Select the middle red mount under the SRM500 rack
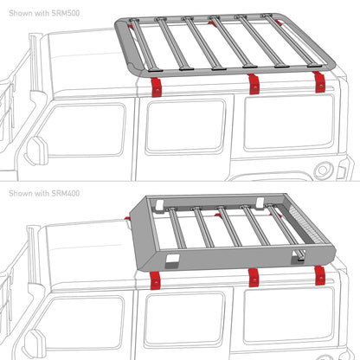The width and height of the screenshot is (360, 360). (x=253, y=84)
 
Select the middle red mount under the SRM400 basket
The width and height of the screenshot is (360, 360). (x=254, y=277)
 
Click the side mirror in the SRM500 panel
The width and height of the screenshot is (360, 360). (x=37, y=149)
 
